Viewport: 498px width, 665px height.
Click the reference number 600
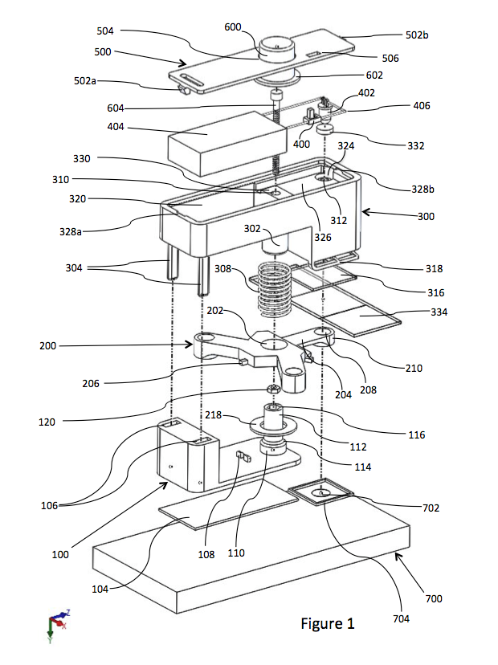pyautogui.click(x=232, y=27)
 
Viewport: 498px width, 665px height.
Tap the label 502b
pyautogui.click(x=417, y=35)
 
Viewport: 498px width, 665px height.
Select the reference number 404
pyautogui.click(x=116, y=126)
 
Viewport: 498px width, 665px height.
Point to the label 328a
pyautogui.click(x=71, y=231)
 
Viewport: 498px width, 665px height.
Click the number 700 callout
pyautogui.click(x=434, y=598)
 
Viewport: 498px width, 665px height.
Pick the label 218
pyautogui.click(x=214, y=414)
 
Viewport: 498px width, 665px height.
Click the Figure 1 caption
pyautogui.click(x=328, y=623)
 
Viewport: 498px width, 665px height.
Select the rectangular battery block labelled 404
pyautogui.click(x=227, y=143)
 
